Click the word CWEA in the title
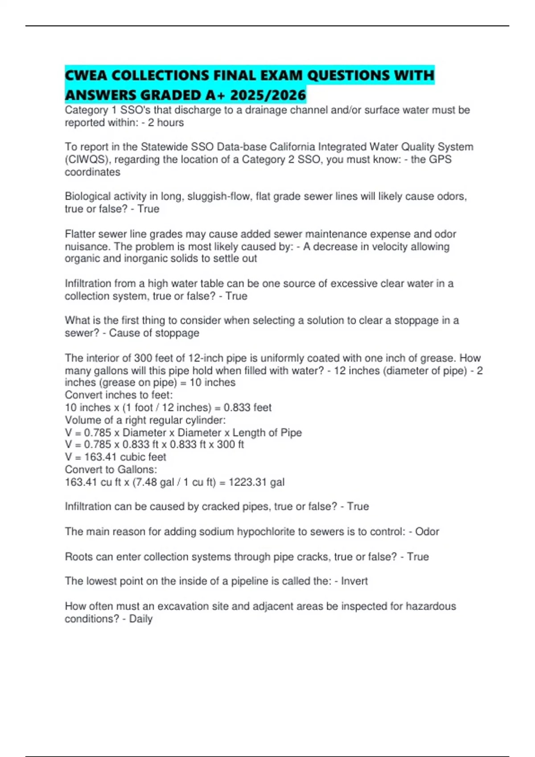[86, 75]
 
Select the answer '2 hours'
[166, 122]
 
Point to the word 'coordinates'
[92, 172]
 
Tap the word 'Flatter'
[80, 234]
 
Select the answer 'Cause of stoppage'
[154, 333]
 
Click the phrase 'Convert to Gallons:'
[111, 469]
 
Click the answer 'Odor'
[427, 532]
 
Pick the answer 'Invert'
[354, 581]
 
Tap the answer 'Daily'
[141, 619]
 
